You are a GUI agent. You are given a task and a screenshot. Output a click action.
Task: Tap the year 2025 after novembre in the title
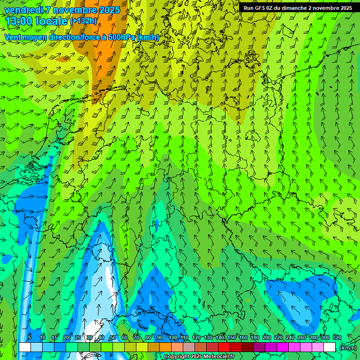107,10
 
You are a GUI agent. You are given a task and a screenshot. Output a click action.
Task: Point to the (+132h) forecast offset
83,21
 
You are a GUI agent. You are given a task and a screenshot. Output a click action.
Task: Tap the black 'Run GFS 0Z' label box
298,8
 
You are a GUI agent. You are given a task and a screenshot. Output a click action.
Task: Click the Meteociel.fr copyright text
199,357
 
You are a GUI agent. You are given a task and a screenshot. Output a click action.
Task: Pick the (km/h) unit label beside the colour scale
347,347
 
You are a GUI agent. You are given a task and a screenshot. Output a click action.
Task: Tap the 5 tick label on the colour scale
30,337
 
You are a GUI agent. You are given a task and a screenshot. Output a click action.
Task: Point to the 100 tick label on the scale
173,337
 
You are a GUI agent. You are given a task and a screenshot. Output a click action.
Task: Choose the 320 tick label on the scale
337,337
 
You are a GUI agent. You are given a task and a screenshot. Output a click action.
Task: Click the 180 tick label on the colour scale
255,337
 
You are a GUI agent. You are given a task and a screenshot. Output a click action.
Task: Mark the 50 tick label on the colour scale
113,337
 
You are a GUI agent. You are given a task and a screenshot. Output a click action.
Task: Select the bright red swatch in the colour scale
224,347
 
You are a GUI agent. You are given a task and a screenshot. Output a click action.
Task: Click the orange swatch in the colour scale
165,347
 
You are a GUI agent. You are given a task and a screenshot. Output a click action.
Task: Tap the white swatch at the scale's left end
25,347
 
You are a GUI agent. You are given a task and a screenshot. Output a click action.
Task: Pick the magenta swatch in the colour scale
283,347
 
